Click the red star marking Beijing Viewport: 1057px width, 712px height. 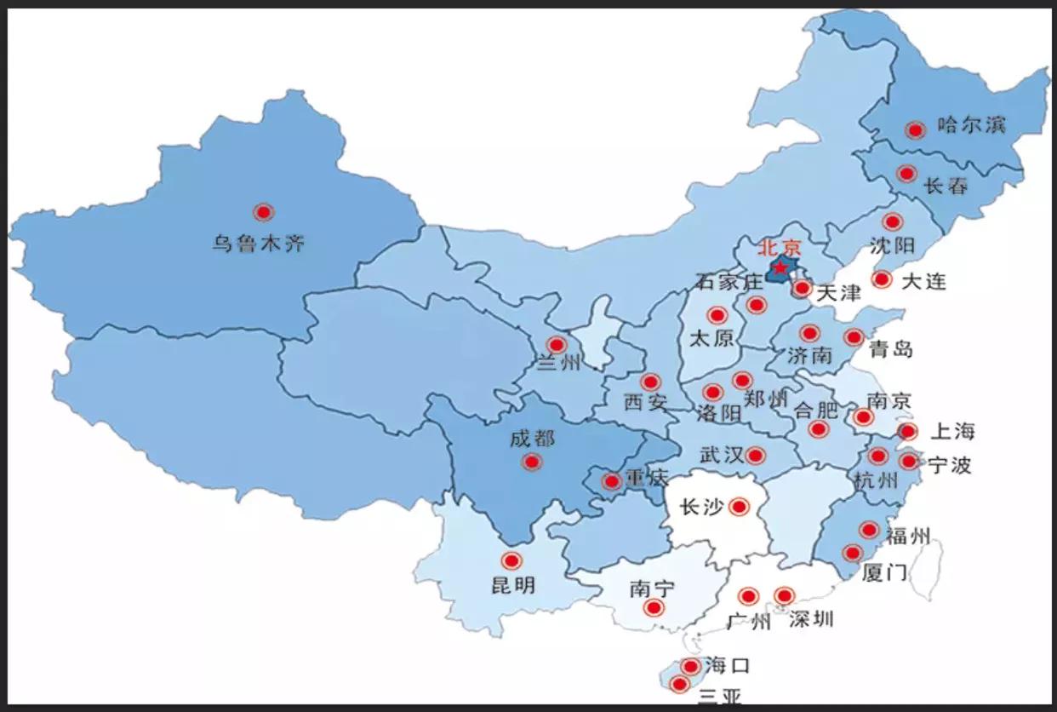pyautogui.click(x=780, y=268)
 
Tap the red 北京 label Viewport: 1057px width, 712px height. pyautogui.click(x=780, y=248)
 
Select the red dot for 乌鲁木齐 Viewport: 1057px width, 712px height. pyautogui.click(x=264, y=212)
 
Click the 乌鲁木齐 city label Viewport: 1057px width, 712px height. pyautogui.click(x=259, y=244)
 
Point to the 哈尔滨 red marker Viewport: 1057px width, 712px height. pyautogui.click(x=916, y=130)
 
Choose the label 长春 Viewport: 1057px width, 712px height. pyautogui.click(x=946, y=186)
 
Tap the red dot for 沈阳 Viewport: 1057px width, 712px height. pyautogui.click(x=892, y=222)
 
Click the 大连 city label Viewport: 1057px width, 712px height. pyautogui.click(x=923, y=281)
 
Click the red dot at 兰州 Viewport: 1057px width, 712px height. pyautogui.click(x=557, y=345)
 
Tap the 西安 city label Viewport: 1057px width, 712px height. pyautogui.click(x=645, y=401)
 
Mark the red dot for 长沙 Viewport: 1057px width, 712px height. pyautogui.click(x=739, y=508)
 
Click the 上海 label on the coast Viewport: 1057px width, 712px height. pyautogui.click(x=951, y=431)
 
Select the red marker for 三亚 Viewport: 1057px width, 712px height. pyautogui.click(x=679, y=684)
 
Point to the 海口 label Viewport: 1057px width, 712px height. pyautogui.click(x=728, y=665)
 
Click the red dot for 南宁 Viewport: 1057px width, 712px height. pyautogui.click(x=654, y=607)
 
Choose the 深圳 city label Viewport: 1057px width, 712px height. pyautogui.click(x=810, y=619)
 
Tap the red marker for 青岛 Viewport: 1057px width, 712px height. pyautogui.click(x=854, y=337)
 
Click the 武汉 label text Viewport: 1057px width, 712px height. pyautogui.click(x=722, y=455)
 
